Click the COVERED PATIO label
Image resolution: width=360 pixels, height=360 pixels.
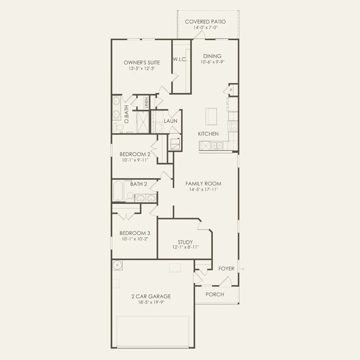[208, 22]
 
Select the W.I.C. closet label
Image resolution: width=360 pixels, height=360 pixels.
[179, 59]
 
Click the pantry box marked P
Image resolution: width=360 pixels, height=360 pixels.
[231, 90]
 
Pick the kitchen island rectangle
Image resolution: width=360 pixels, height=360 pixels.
[210, 117]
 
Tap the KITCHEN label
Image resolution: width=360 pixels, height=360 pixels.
[208, 134]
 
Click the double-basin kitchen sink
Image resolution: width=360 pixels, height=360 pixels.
[211, 145]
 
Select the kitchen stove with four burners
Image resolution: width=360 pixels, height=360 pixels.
[232, 125]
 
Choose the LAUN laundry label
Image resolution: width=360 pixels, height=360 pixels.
[170, 120]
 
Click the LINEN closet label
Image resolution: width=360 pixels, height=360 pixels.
[146, 102]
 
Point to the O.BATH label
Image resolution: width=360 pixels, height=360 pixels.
[126, 114]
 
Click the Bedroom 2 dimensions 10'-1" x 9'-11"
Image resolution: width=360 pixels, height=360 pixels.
[135, 160]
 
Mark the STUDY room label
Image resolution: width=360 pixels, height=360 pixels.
[185, 242]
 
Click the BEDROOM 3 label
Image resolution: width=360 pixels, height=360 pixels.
[135, 233]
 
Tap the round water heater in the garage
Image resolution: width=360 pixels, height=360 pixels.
[118, 266]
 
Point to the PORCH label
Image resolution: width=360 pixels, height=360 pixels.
[215, 294]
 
